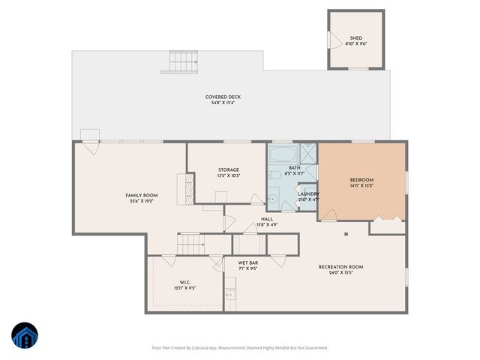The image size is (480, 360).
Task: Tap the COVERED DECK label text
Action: click(223, 99)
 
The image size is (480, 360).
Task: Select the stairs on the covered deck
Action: click(182, 61)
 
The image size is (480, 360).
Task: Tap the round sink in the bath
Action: click(273, 199)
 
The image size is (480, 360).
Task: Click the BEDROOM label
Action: click(361, 182)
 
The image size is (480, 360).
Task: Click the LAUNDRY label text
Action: click(308, 196)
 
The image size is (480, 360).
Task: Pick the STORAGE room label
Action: click(228, 172)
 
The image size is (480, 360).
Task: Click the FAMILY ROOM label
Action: click(141, 197)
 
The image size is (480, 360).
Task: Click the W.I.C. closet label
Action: click(185, 285)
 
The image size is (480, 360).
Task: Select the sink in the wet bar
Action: click(230, 295)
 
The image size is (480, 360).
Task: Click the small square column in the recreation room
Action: click(346, 233)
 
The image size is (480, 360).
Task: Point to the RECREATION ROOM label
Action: click(340, 269)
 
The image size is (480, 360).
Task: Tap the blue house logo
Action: click(25, 337)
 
